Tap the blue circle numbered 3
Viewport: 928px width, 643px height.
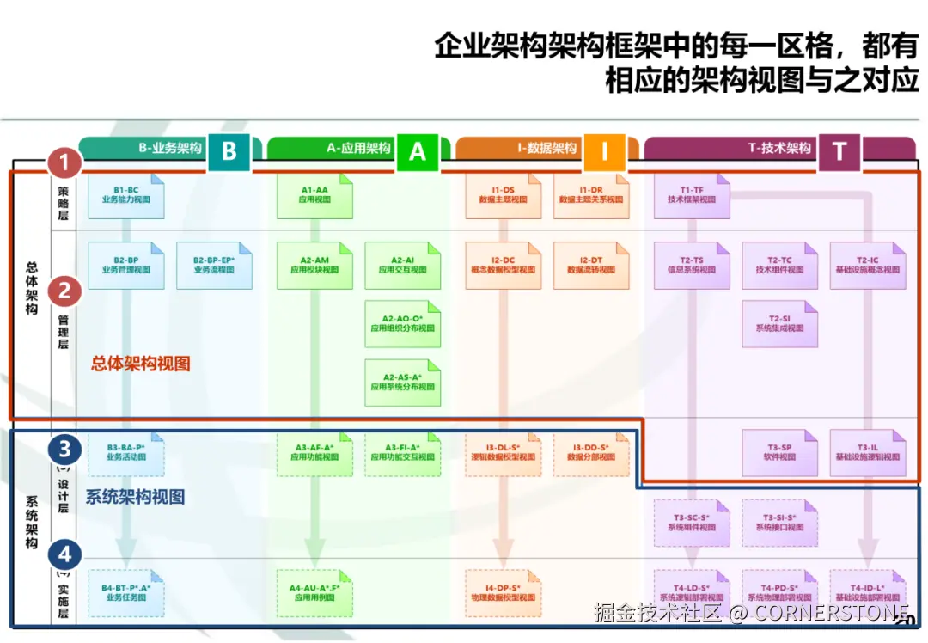tap(64, 449)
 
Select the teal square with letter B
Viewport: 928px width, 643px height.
tap(229, 151)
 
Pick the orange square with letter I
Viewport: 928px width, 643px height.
tap(604, 152)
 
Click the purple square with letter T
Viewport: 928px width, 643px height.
tap(839, 152)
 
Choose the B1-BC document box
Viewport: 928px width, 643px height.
tap(126, 194)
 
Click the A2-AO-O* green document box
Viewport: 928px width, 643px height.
tap(403, 323)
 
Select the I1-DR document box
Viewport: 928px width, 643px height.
tap(590, 194)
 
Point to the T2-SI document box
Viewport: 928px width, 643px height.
tap(779, 323)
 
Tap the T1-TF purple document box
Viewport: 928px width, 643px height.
tap(692, 194)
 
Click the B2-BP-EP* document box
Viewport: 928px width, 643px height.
tap(214, 265)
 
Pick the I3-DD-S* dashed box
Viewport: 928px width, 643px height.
tap(590, 453)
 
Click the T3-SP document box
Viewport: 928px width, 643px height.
tap(779, 453)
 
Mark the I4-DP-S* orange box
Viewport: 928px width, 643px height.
tap(503, 592)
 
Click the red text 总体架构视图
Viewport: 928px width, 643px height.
tap(141, 364)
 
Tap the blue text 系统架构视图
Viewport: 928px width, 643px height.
tap(135, 497)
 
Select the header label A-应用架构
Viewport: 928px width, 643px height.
tap(358, 148)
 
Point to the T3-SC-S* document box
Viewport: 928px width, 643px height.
tap(692, 523)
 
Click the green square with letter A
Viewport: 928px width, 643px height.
tap(417, 152)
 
